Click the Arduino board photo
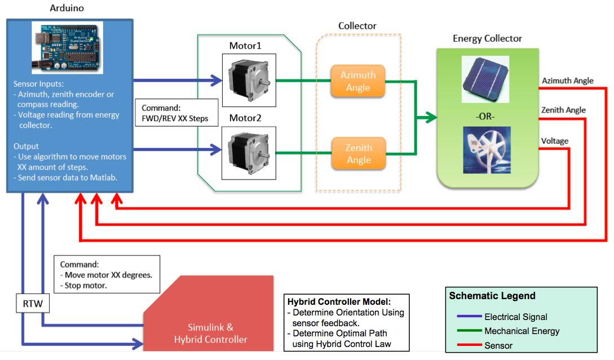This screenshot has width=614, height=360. click(67, 48)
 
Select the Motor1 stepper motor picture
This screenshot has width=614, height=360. click(249, 80)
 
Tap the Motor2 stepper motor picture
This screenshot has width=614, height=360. click(249, 153)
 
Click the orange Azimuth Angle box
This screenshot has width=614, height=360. click(358, 81)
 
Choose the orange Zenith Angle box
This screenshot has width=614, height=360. click(359, 153)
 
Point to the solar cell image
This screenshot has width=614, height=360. click(485, 79)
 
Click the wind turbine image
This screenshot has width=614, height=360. click(487, 150)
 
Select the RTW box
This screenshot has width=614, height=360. click(33, 303)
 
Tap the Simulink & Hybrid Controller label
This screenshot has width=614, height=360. click(211, 334)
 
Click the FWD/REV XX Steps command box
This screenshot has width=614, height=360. click(176, 113)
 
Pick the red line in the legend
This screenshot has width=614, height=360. click(469, 345)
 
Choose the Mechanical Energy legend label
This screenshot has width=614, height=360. click(522, 331)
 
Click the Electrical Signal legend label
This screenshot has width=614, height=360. click(516, 317)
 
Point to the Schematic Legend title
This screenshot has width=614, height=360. click(492, 296)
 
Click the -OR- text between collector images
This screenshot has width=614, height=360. click(485, 116)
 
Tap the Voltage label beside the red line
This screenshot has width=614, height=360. click(555, 141)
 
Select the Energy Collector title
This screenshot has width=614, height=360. click(487, 38)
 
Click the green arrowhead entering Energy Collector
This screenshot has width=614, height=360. click(431, 117)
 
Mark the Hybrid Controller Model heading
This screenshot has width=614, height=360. click(339, 302)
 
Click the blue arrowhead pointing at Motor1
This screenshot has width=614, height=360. click(217, 80)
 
